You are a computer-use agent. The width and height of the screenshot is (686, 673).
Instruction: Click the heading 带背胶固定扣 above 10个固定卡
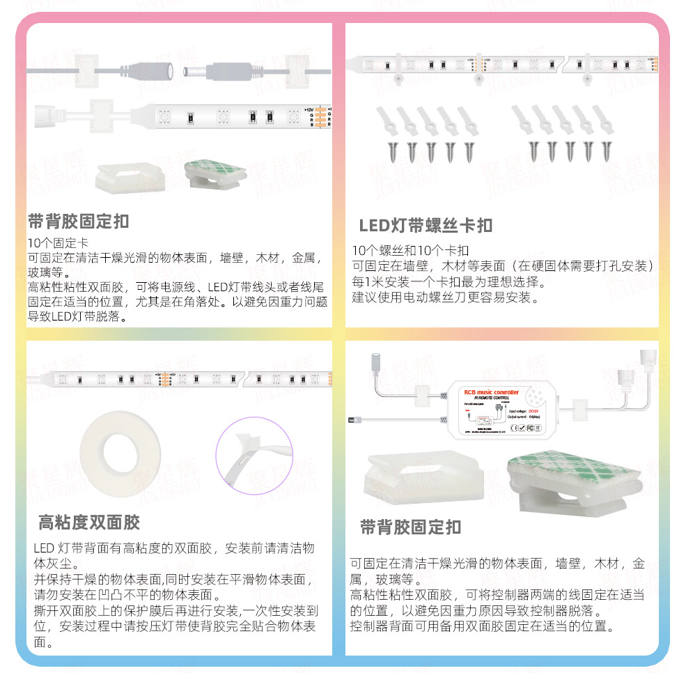click(x=78, y=222)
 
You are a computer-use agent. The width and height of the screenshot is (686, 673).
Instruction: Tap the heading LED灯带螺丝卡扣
click(x=426, y=226)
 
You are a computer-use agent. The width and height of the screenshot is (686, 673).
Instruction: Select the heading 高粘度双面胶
click(x=89, y=523)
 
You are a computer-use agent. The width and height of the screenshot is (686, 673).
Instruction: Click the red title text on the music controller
click(x=491, y=392)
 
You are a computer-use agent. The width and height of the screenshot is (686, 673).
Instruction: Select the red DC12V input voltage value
click(x=535, y=412)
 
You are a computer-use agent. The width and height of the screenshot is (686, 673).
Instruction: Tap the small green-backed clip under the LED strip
click(x=215, y=175)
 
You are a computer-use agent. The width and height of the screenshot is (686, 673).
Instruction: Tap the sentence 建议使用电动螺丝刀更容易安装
click(x=446, y=298)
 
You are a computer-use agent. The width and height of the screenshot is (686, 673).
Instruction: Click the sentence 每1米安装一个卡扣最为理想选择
click(x=449, y=282)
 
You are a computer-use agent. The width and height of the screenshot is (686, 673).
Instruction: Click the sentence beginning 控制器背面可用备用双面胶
click(x=482, y=626)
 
